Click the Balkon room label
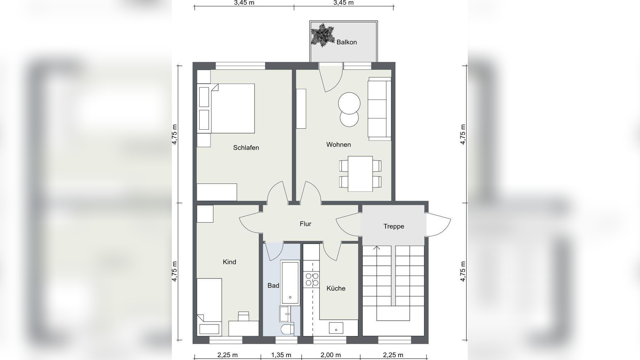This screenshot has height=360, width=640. point(347,42)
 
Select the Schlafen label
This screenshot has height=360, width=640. point(246,148)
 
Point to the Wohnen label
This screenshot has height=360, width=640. point(338,144)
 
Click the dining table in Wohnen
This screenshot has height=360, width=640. point(360,174)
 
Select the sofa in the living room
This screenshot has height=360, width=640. point(380,109)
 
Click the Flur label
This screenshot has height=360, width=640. point(305,224)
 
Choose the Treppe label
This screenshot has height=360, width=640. point(394,226)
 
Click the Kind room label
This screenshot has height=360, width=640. point(230,262)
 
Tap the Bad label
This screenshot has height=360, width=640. point(273,285)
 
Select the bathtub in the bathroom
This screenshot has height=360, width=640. point(290,282)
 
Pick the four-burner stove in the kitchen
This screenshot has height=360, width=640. point(312,279)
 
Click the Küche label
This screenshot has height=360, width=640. point(336,288)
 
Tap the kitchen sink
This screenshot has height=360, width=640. point(336,328)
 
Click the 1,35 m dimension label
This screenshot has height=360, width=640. point(281,355)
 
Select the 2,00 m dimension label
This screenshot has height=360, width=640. point(331,355)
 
